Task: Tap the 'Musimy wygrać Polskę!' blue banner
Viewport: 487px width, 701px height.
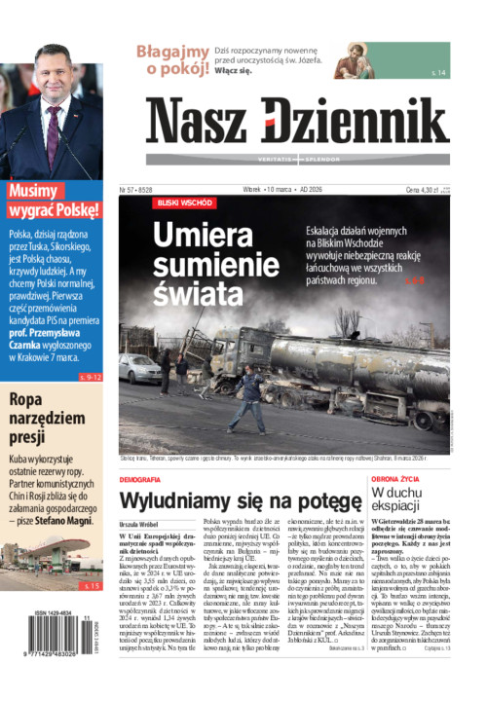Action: pyautogui.click(x=53, y=201)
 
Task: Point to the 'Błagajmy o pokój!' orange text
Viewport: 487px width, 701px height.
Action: pyautogui.click(x=172, y=59)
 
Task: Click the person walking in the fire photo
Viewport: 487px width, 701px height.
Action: pyautogui.click(x=249, y=396)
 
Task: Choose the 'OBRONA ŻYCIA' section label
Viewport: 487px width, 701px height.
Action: pyautogui.click(x=397, y=480)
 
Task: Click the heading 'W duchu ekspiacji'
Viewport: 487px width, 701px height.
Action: pyautogui.click(x=395, y=504)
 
